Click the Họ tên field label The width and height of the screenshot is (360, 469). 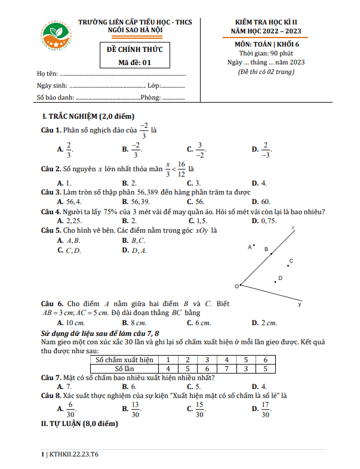[x=47, y=74]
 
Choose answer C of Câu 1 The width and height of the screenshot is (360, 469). [x=196, y=149]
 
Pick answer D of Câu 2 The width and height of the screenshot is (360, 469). [x=260, y=183]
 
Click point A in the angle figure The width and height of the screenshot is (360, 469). [x=253, y=245]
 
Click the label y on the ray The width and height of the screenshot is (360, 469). [x=299, y=304]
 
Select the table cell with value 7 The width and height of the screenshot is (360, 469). [x=226, y=369]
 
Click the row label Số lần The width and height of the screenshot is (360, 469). [x=124, y=369]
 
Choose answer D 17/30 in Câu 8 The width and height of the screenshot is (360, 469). [x=262, y=410]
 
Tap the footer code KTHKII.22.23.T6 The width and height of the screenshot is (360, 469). [x=69, y=454]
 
